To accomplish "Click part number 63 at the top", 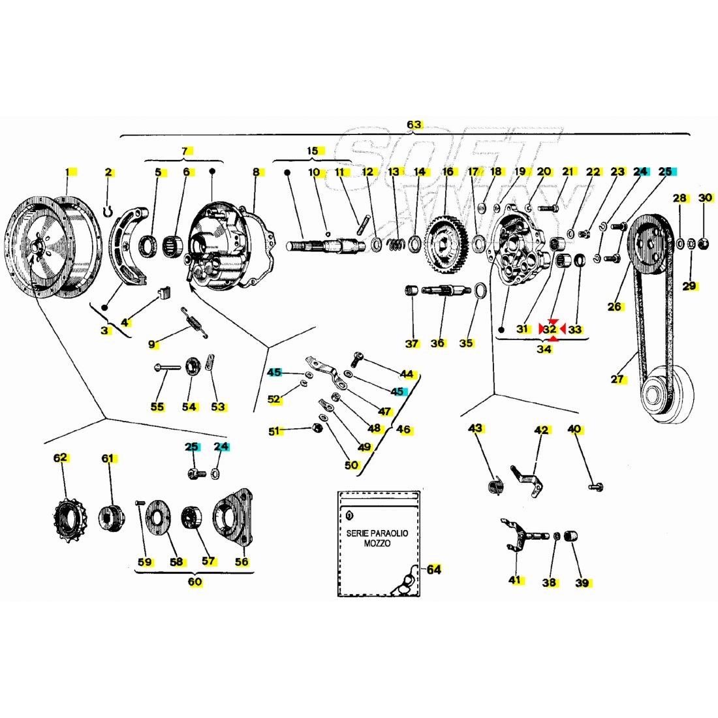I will (x=414, y=125).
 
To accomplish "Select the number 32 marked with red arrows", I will (x=550, y=330).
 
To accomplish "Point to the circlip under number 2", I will (x=110, y=211).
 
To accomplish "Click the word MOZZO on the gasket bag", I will (x=377, y=543).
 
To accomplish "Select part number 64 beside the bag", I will (x=434, y=570).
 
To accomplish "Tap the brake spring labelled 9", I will (x=195, y=322).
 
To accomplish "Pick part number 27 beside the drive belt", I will (x=618, y=379).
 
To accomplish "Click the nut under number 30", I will (x=704, y=244).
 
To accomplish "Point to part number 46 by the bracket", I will (x=403, y=429).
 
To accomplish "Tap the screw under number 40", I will (x=595, y=486).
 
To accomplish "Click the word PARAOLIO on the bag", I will (x=386, y=533).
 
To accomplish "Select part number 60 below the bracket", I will (x=195, y=582).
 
